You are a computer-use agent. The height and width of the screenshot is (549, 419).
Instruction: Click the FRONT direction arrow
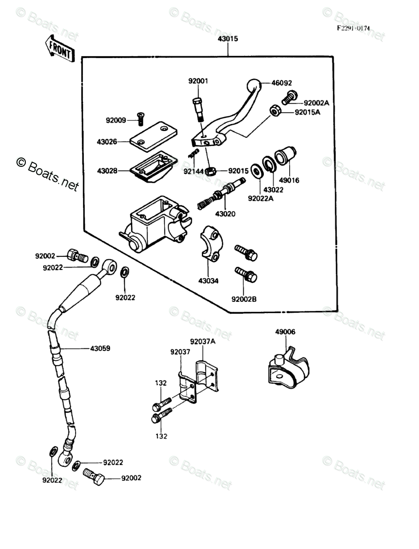[x=60, y=48]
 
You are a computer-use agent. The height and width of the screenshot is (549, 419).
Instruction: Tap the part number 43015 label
[x=227, y=39]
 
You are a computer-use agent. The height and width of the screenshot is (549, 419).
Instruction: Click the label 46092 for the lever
[x=282, y=83]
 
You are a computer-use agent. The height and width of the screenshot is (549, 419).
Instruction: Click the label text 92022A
[x=261, y=198]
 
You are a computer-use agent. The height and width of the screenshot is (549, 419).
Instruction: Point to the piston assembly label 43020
[x=225, y=214]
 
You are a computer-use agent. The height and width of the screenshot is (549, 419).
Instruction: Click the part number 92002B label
[x=244, y=299]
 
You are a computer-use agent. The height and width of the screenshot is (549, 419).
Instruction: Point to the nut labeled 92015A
[x=275, y=111]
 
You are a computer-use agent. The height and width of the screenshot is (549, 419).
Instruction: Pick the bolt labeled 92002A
[x=289, y=98]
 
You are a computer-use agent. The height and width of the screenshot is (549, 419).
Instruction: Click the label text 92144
[x=193, y=171]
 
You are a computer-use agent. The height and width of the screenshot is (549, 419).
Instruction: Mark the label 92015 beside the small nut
[x=238, y=171]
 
